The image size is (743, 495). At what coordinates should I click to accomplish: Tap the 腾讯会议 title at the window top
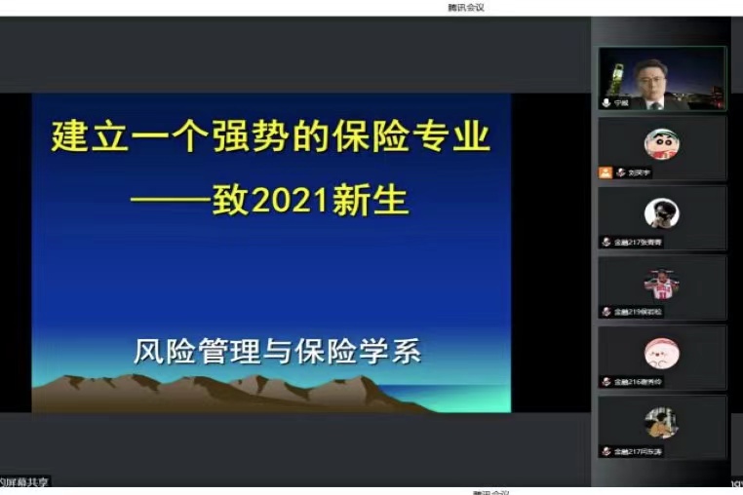tap(466, 7)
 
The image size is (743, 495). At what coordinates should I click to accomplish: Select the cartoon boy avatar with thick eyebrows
tap(661, 143)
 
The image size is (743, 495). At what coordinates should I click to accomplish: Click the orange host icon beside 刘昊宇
tap(606, 172)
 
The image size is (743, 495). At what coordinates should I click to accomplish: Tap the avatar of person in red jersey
tap(661, 284)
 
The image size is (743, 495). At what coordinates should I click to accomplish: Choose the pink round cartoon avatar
tap(661, 354)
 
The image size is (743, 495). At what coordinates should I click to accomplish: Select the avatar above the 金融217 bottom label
tap(661, 423)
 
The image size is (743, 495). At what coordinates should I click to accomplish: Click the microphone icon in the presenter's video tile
tap(606, 102)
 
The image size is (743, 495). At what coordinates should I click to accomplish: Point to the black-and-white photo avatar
tap(661, 213)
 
